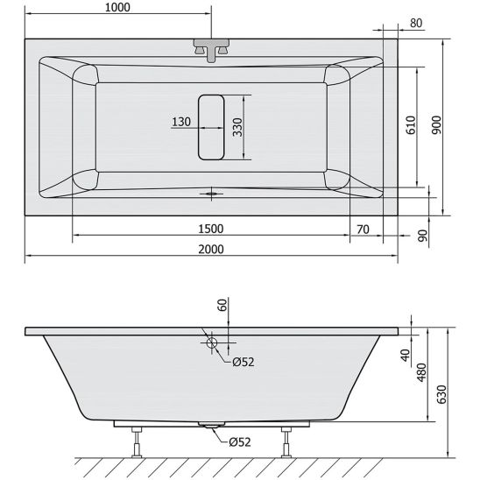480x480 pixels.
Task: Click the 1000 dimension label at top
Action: pos(117,7)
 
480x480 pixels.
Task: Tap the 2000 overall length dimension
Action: pos(211,249)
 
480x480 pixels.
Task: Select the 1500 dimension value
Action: pos(211,229)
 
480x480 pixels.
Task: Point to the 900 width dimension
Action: pos(436,125)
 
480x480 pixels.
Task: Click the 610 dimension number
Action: pos(411,125)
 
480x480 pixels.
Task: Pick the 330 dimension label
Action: pos(237,127)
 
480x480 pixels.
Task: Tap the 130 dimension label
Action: pos(181,122)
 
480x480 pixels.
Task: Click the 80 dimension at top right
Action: pos(416,24)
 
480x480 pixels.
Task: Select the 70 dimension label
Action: pos(363,229)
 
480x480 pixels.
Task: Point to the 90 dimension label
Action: pos(422,236)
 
